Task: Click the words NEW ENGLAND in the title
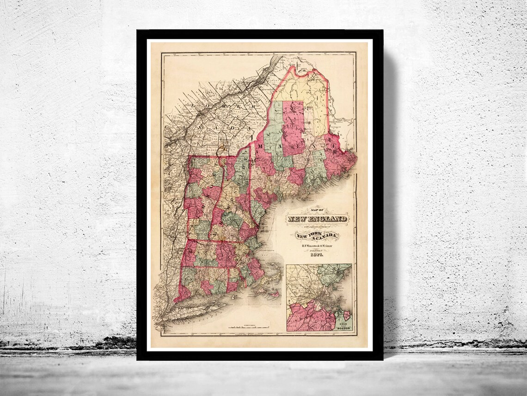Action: (318, 219)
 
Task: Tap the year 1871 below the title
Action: (317, 254)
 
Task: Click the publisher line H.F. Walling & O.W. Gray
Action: (317, 243)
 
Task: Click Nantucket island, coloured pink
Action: (276, 293)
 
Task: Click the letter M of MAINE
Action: (262, 147)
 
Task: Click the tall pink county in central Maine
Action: (293, 127)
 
